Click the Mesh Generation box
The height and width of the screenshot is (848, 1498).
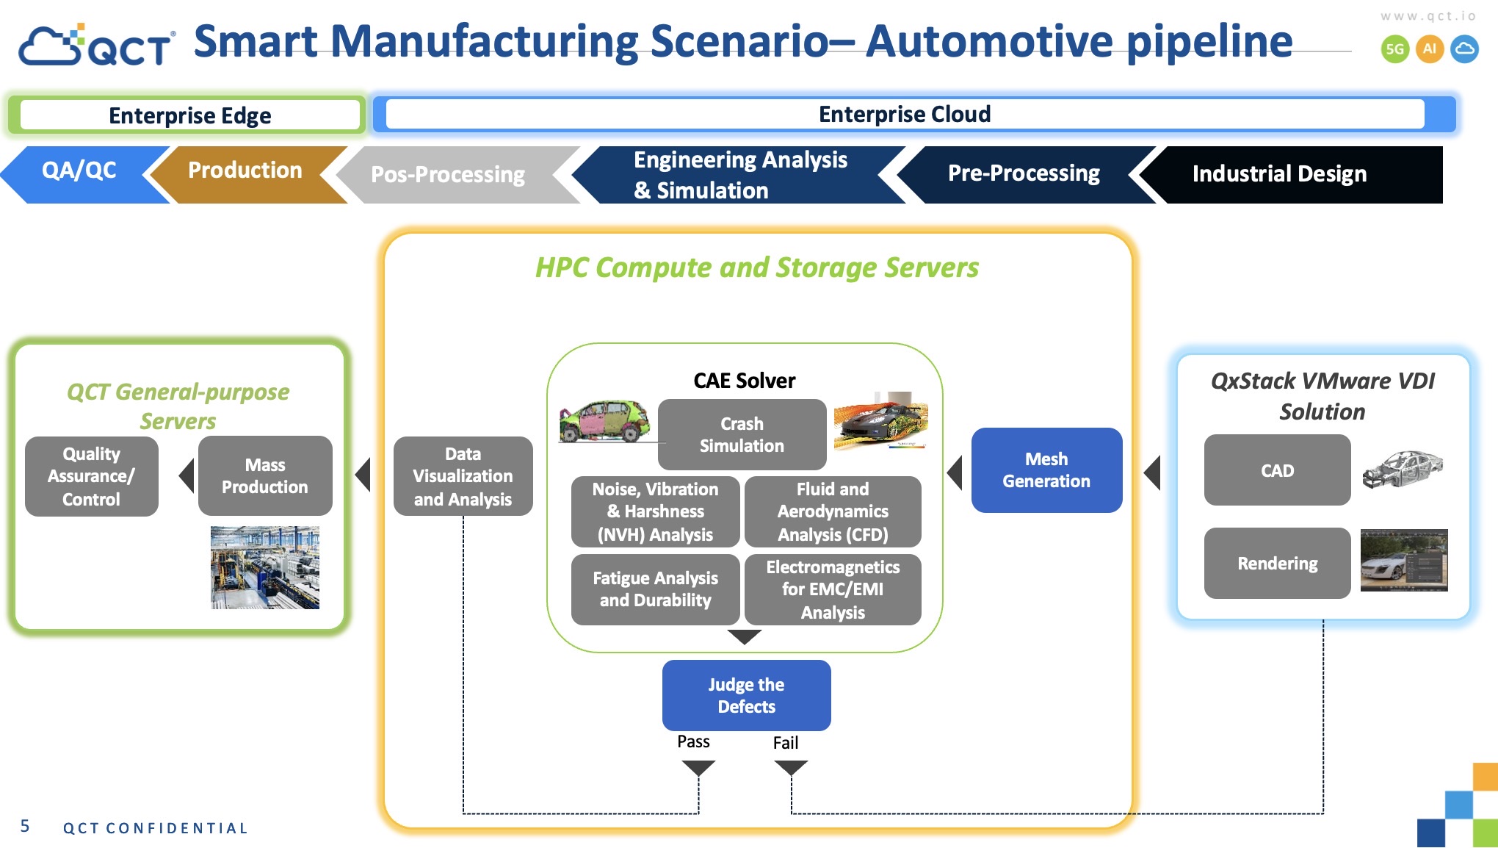pos(1046,470)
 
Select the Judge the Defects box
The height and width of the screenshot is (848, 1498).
pos(746,695)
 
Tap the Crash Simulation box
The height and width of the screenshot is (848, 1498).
pos(742,434)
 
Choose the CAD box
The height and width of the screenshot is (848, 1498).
pos(1277,470)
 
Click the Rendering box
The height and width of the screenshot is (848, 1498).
pos(1277,563)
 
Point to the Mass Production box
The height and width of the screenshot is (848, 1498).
pos(265,475)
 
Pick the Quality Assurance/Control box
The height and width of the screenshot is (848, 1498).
pos(92,476)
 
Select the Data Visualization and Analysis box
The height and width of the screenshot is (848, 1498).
pos(463,476)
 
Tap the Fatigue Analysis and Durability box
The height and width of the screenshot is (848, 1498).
pos(655,589)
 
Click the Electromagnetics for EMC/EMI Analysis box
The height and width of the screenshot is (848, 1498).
pos(833,589)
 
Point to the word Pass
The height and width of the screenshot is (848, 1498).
pos(693,741)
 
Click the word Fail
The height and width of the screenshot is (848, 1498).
pos(785,743)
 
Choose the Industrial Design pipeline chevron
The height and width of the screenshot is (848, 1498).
pos(1279,174)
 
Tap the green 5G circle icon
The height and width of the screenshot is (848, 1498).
pos(1394,49)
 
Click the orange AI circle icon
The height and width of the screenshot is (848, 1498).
pos(1429,49)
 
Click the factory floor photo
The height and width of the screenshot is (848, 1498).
pos(264,567)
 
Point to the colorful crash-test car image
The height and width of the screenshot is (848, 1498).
pos(604,421)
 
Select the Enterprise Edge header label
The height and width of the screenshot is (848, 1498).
pos(189,115)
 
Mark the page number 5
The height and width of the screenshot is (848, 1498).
pos(25,826)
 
